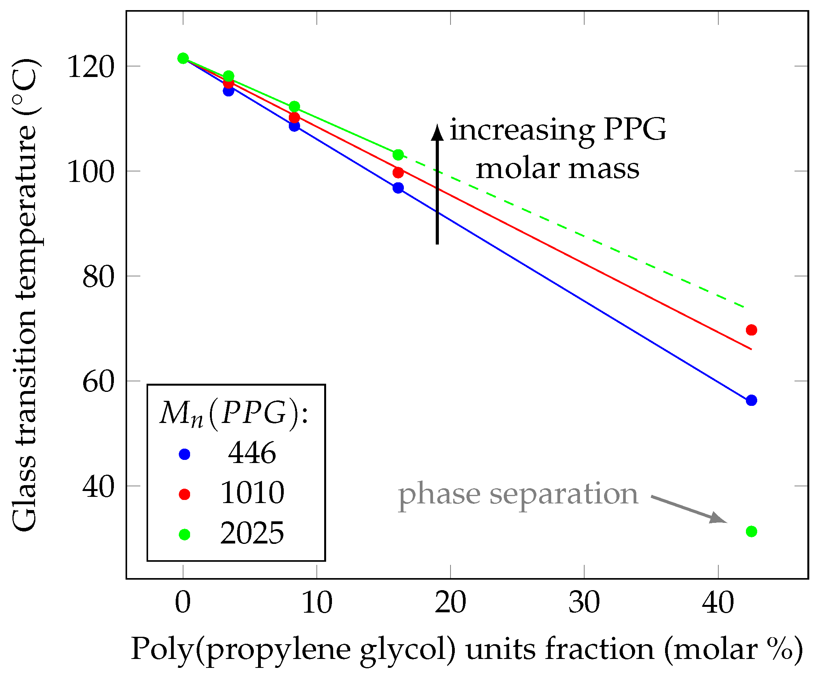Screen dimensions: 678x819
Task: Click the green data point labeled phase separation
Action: click(751, 531)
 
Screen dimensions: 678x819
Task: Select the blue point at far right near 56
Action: click(751, 400)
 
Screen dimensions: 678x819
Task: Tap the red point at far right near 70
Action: click(751, 330)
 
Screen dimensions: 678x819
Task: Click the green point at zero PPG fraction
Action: click(183, 58)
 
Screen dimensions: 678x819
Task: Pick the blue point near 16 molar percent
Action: click(398, 188)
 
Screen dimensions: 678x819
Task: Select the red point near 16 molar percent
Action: click(398, 172)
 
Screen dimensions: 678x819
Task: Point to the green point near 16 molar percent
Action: click(398, 154)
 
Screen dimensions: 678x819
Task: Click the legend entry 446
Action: click(252, 453)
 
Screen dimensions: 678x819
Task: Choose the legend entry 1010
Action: click(252, 493)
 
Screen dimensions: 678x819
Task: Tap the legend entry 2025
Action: click(252, 533)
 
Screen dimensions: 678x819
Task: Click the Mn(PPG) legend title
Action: click(234, 413)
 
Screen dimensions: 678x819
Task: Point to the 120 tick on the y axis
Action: click(91, 67)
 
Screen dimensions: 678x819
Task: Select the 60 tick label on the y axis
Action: click(98, 382)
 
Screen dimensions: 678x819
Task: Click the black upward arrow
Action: click(437, 183)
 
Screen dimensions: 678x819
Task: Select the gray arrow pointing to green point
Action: click(688, 509)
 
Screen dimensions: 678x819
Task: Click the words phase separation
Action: click(517, 495)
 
